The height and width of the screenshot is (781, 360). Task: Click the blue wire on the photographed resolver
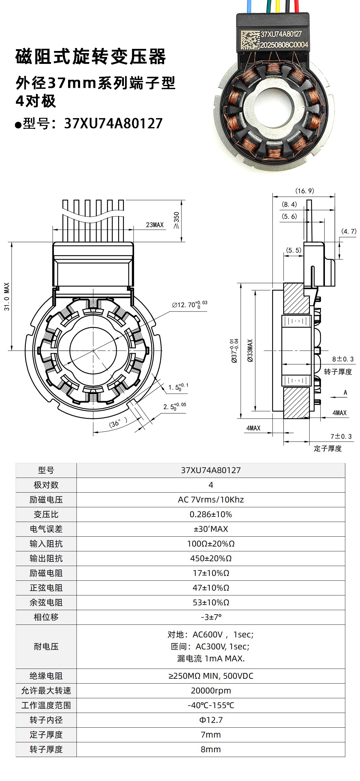pos(249,6)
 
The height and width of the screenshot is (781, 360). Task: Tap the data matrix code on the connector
pos(250,39)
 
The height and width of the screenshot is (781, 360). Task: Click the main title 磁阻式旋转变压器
pos(90,56)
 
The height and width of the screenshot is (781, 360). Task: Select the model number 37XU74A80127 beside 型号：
pos(113,124)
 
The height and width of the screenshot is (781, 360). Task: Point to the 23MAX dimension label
pos(155,225)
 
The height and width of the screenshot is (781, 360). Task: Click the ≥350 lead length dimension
pos(176,220)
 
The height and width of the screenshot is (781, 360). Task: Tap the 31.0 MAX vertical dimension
pos(7,297)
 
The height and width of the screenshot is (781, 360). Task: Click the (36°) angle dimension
pos(118,423)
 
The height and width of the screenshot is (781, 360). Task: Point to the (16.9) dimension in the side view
pos(304,191)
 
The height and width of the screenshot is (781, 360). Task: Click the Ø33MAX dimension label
pos(250,350)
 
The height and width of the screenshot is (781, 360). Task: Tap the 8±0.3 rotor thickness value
pos(343,359)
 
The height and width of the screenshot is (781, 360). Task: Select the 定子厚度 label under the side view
pos(328,449)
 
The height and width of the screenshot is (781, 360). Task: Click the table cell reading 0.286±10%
pos(211,514)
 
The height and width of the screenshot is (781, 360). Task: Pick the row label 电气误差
pos(46,529)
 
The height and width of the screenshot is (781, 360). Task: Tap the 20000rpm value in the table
pos(211,691)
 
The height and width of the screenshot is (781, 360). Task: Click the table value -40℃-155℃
pos(211,705)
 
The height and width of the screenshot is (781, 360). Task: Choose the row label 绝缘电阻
pos(46,676)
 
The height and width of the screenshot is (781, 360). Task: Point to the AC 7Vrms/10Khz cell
pos(211,500)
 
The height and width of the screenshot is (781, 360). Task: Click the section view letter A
pos(345,393)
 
